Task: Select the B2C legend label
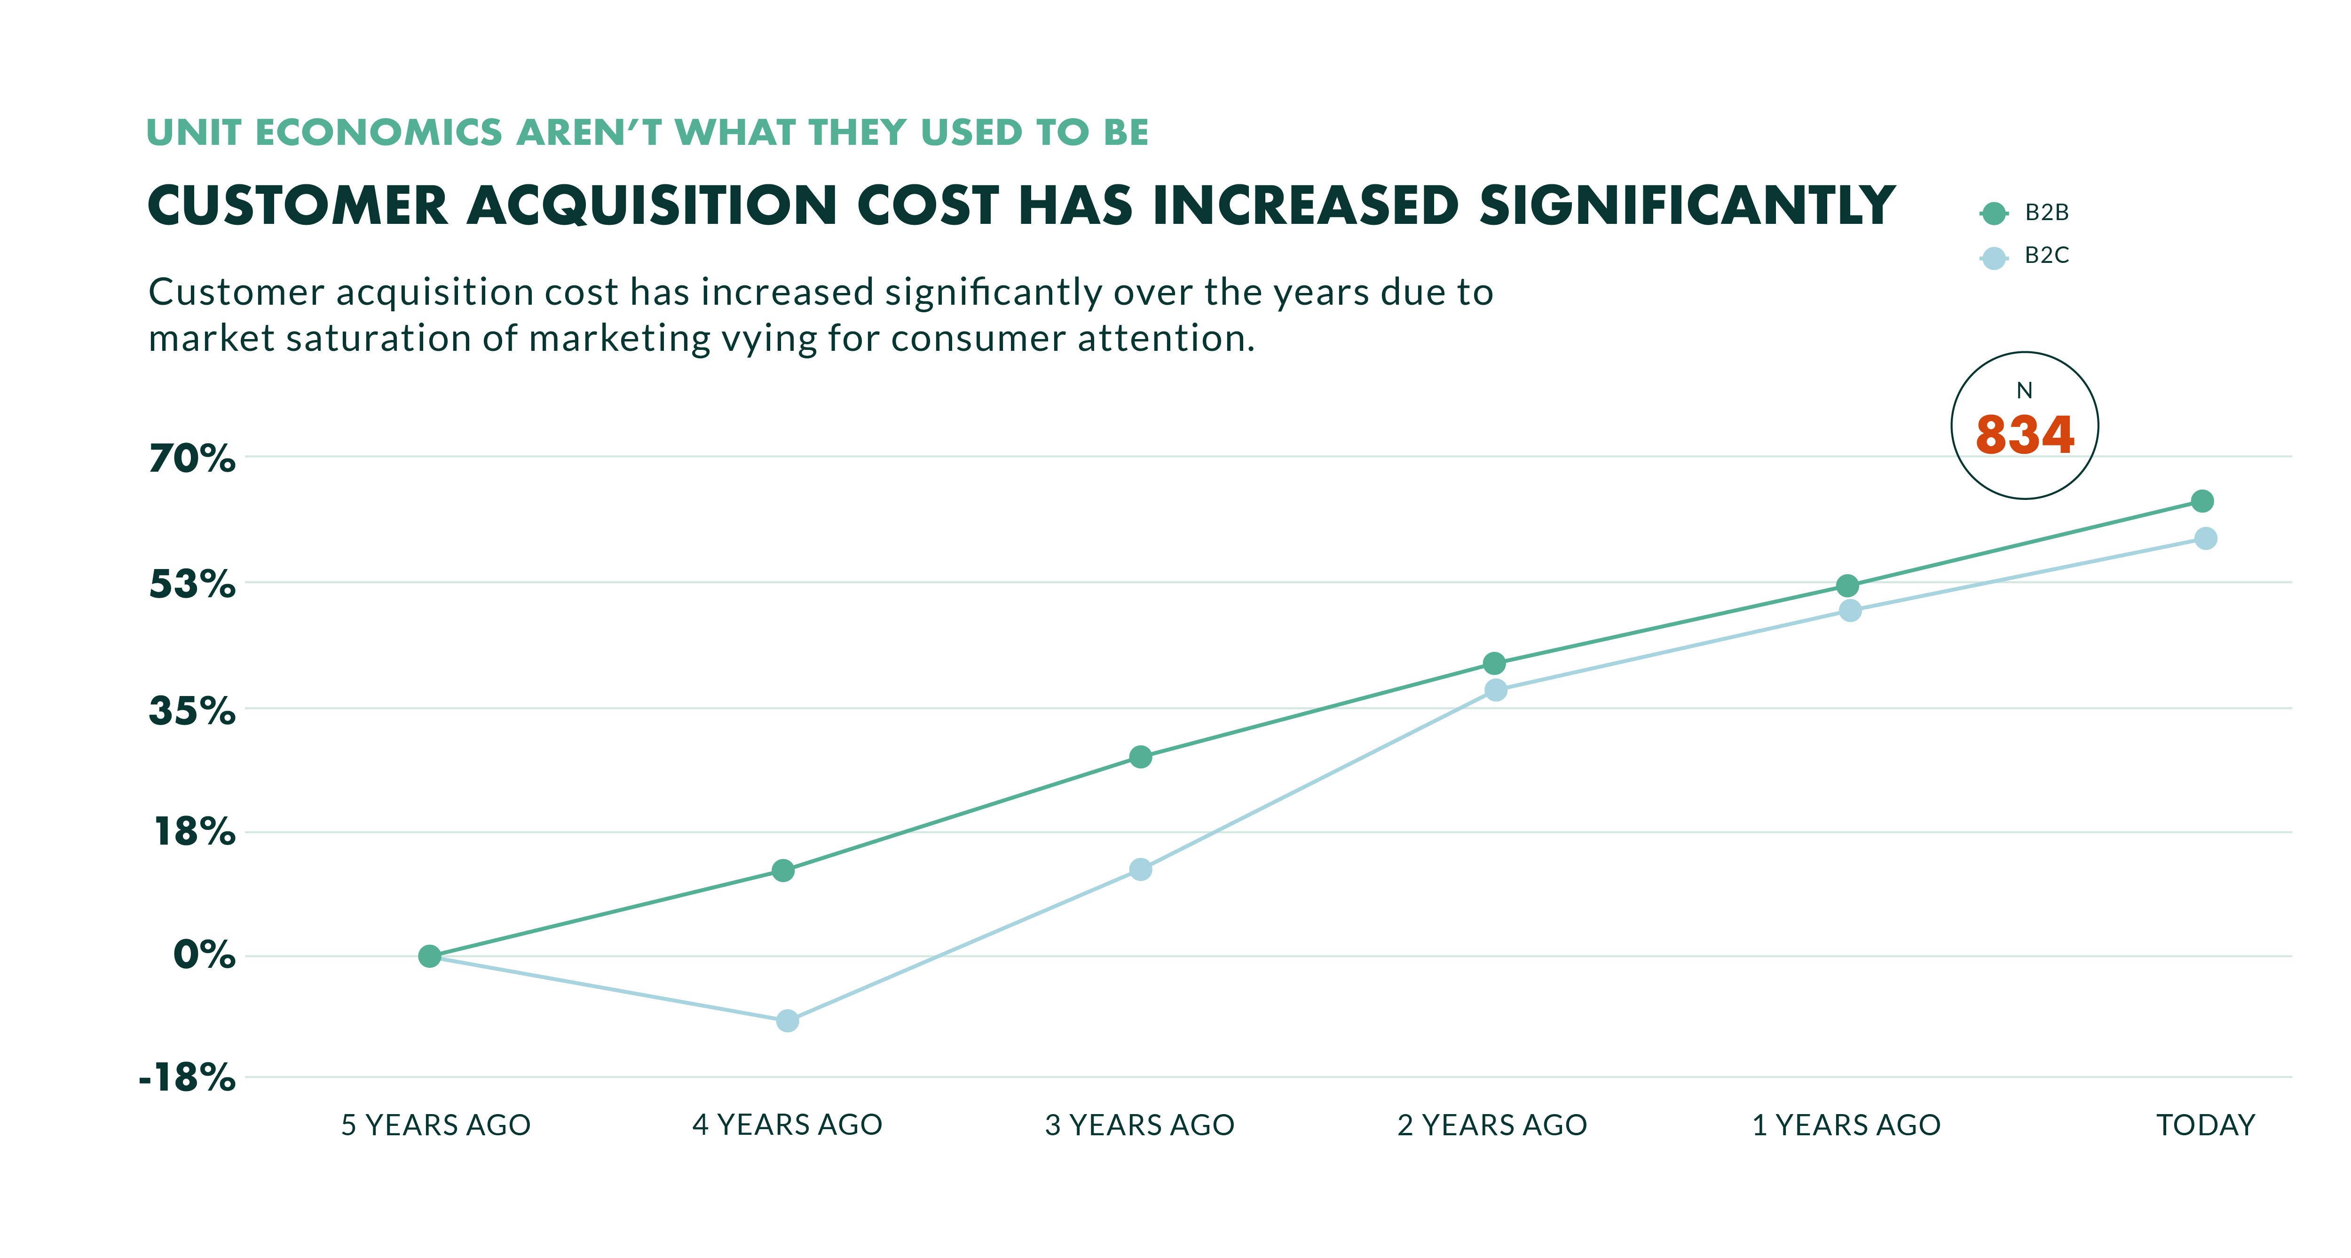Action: point(2046,256)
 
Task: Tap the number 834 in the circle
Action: point(2024,435)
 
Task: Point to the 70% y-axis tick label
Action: point(192,458)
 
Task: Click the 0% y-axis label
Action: point(205,955)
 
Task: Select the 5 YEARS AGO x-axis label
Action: point(435,1125)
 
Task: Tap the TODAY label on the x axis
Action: point(2205,1125)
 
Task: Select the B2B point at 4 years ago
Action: point(783,871)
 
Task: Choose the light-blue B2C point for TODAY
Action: point(2205,538)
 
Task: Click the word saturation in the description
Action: point(379,339)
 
